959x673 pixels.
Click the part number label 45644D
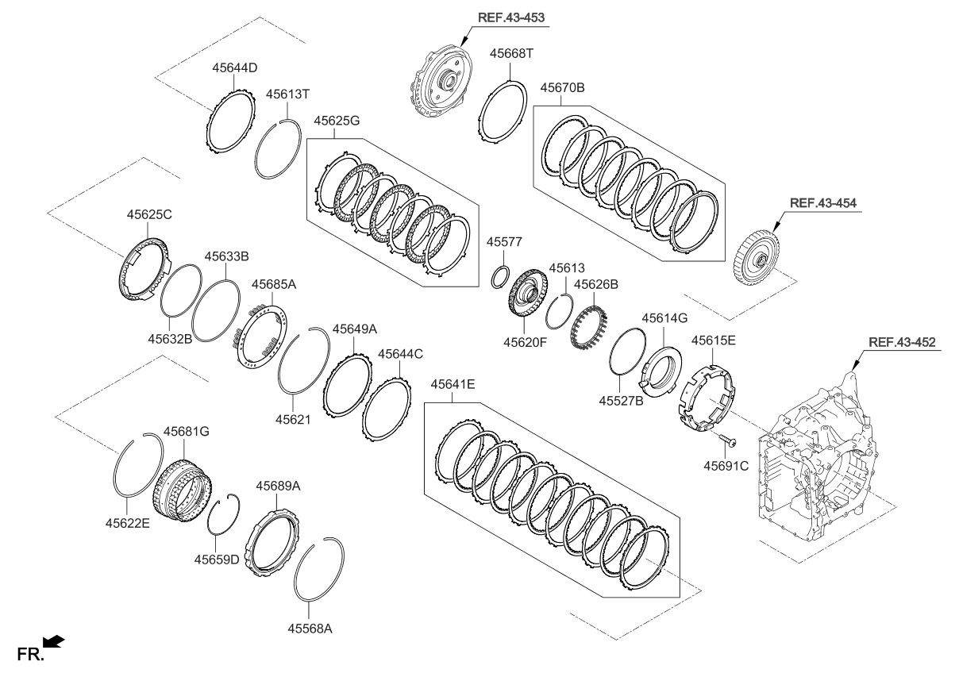[234, 68]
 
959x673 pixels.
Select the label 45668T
[512, 53]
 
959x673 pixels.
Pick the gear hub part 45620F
[525, 294]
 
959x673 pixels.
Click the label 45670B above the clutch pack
[562, 87]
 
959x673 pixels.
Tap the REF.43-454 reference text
[822, 202]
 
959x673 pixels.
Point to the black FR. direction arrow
[54, 640]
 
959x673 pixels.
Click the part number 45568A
[310, 628]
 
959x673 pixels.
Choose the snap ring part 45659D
[222, 517]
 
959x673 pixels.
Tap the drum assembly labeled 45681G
[182, 487]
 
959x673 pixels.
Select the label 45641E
[453, 385]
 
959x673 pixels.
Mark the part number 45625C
[149, 214]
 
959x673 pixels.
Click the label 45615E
[713, 340]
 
